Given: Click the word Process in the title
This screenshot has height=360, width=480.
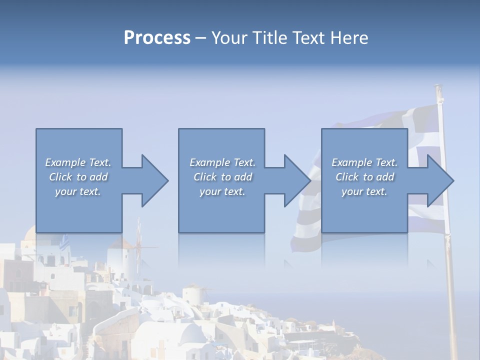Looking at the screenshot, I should (x=157, y=38).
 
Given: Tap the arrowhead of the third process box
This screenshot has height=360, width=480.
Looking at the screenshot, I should (x=439, y=180).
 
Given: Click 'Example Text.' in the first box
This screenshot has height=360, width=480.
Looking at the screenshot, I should (x=78, y=162).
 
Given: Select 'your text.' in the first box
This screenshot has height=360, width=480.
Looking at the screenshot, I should (x=78, y=191).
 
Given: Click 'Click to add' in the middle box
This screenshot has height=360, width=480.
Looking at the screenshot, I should (x=222, y=177).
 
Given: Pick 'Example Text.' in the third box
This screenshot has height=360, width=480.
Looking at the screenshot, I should (x=364, y=162).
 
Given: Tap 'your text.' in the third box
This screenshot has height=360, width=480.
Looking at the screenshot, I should (x=364, y=191).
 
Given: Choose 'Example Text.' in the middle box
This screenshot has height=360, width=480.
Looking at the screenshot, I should (x=222, y=162).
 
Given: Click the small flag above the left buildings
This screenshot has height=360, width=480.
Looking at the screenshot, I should (x=63, y=244).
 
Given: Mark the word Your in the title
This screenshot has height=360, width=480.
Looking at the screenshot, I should (x=228, y=38).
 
